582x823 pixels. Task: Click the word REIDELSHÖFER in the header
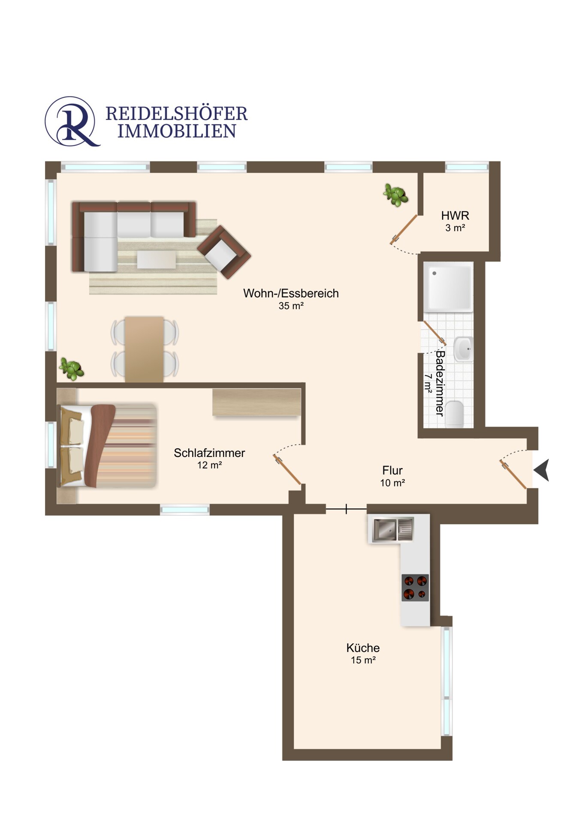point(177,114)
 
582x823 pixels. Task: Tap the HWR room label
point(455,215)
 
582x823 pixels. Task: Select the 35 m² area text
point(291,306)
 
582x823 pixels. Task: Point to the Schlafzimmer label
point(209,453)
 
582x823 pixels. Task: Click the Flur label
point(392,470)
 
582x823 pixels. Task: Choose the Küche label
point(363,648)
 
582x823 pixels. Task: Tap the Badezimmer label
point(440,383)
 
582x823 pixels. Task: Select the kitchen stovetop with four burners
point(415,587)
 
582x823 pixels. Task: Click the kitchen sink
point(393,530)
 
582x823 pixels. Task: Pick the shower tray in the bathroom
point(448,287)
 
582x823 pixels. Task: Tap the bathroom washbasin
point(464,349)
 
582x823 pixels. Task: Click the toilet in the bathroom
point(455,414)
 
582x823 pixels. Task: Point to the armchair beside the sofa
point(224,252)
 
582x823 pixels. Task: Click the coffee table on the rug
point(157,260)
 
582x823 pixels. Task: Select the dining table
point(144,349)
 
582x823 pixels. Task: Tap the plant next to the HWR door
point(395,195)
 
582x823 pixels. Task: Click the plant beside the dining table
point(71,369)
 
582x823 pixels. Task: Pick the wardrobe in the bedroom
point(256,402)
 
